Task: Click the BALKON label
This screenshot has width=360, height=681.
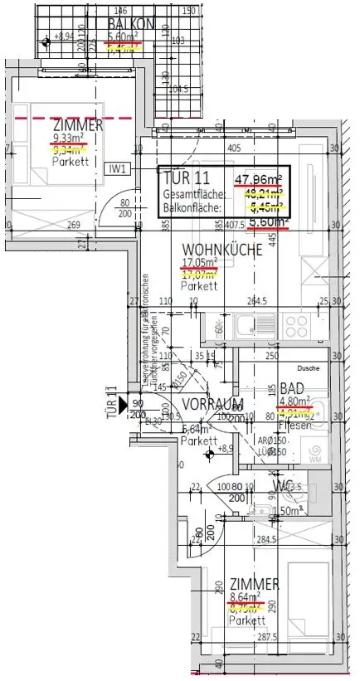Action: (131, 24)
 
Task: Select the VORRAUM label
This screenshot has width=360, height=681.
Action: (212, 404)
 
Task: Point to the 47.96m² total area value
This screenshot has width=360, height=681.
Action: (259, 178)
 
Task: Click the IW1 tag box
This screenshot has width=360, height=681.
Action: (118, 168)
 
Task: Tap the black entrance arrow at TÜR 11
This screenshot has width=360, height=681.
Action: (124, 405)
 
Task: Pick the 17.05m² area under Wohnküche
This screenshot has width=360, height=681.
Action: (199, 263)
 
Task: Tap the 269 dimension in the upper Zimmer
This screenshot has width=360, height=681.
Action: (73, 225)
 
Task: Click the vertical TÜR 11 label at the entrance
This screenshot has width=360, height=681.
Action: (109, 404)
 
